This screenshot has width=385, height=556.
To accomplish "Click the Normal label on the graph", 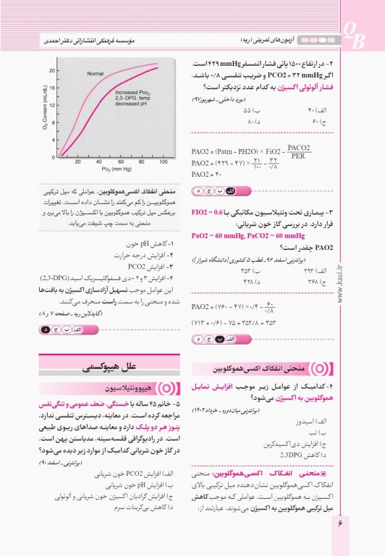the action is pyautogui.click(x=96, y=75).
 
